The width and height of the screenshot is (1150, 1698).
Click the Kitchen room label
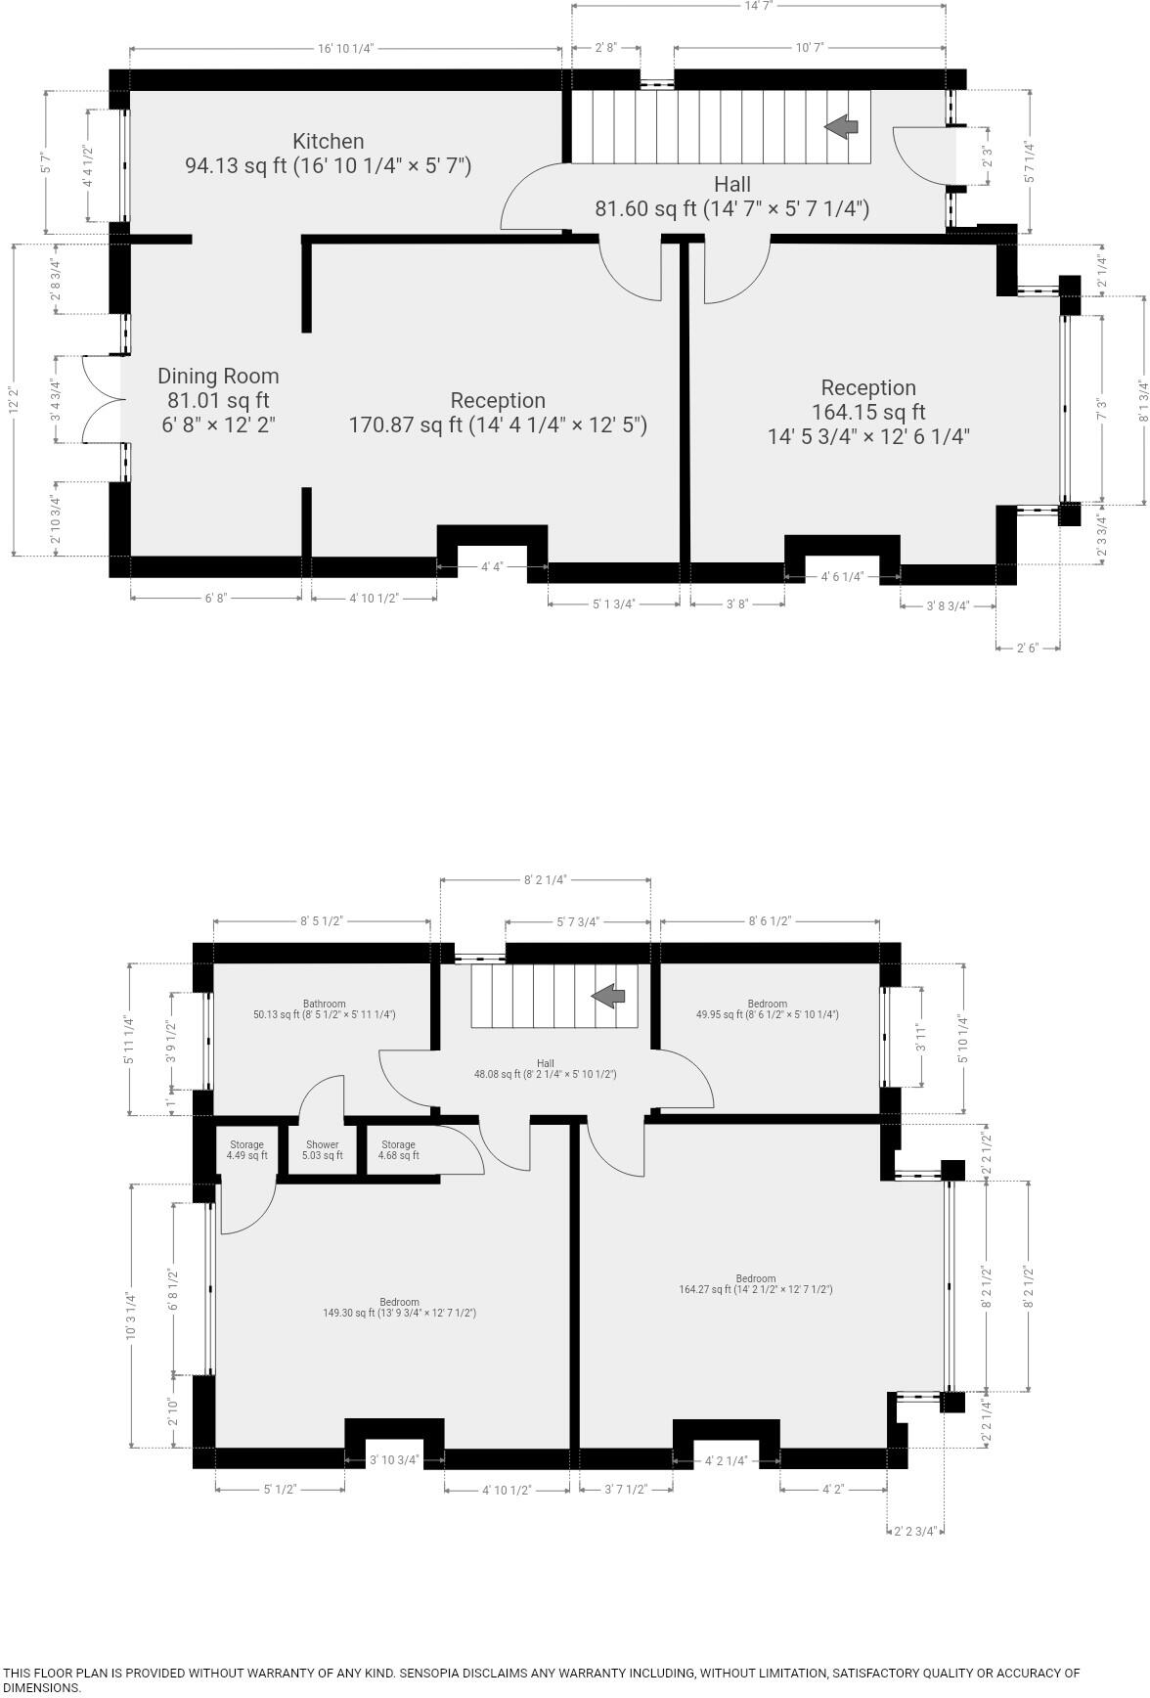click(x=329, y=154)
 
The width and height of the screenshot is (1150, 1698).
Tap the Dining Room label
click(x=218, y=400)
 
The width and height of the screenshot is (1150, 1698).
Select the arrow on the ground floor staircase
click(x=842, y=126)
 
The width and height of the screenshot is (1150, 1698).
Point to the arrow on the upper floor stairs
click(x=608, y=997)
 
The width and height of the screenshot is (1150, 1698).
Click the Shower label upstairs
click(x=322, y=1150)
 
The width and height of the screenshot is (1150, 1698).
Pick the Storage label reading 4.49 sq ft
click(x=246, y=1150)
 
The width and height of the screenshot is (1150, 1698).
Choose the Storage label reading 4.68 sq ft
click(x=398, y=1150)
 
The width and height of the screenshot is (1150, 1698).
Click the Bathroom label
click(x=324, y=1009)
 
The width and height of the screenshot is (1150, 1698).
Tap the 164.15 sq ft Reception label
click(x=868, y=412)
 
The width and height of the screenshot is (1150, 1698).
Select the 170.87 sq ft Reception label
click(x=498, y=413)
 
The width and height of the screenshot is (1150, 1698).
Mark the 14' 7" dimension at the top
click(x=758, y=6)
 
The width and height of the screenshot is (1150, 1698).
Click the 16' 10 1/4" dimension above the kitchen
click(x=346, y=48)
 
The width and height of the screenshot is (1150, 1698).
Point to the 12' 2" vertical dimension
click(x=13, y=399)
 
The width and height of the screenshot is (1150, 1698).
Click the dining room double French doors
click(x=101, y=399)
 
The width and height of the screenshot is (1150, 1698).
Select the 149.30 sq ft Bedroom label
click(x=399, y=1308)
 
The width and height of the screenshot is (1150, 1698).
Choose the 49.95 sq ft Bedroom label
click(x=767, y=1009)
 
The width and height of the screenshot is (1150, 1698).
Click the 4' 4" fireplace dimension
click(x=492, y=566)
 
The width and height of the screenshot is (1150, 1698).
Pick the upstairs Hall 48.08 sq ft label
click(x=545, y=1069)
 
